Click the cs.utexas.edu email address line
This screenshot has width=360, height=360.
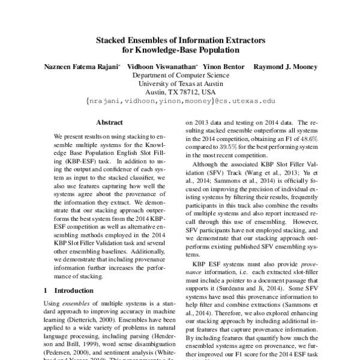tap(180, 103)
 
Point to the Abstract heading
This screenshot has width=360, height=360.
tap(109, 122)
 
